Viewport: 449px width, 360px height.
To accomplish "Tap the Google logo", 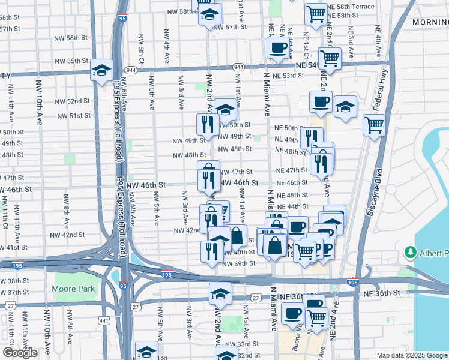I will coord(20,353).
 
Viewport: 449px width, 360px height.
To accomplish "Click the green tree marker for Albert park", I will coord(411,251).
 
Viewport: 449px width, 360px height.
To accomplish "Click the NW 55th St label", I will coord(71,61).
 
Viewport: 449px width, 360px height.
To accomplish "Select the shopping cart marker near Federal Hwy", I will coord(374,125).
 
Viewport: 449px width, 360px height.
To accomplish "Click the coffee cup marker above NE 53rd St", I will coord(277,49).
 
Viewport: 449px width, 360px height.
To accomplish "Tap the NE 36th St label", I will coord(381,293).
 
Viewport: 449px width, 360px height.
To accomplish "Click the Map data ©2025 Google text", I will coord(411,355).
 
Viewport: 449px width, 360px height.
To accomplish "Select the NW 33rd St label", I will coord(243,344).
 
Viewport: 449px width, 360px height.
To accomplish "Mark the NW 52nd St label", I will coord(74,101).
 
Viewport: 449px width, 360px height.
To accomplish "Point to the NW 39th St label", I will coord(239,264).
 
